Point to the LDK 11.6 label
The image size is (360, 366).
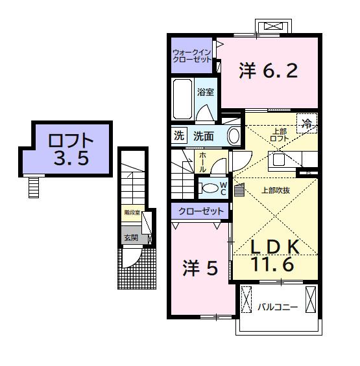click(x=275, y=255)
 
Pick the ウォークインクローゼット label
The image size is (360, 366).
click(x=191, y=55)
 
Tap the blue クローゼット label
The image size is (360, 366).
click(x=200, y=211)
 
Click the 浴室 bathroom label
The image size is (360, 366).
click(x=205, y=92)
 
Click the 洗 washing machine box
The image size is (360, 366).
click(x=178, y=136)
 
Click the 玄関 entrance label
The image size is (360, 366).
click(x=130, y=238)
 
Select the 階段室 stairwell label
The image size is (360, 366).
click(x=131, y=212)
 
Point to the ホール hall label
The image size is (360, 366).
click(x=202, y=161)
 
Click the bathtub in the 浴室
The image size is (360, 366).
click(x=182, y=98)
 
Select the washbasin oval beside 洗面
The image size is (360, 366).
click(x=234, y=136)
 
